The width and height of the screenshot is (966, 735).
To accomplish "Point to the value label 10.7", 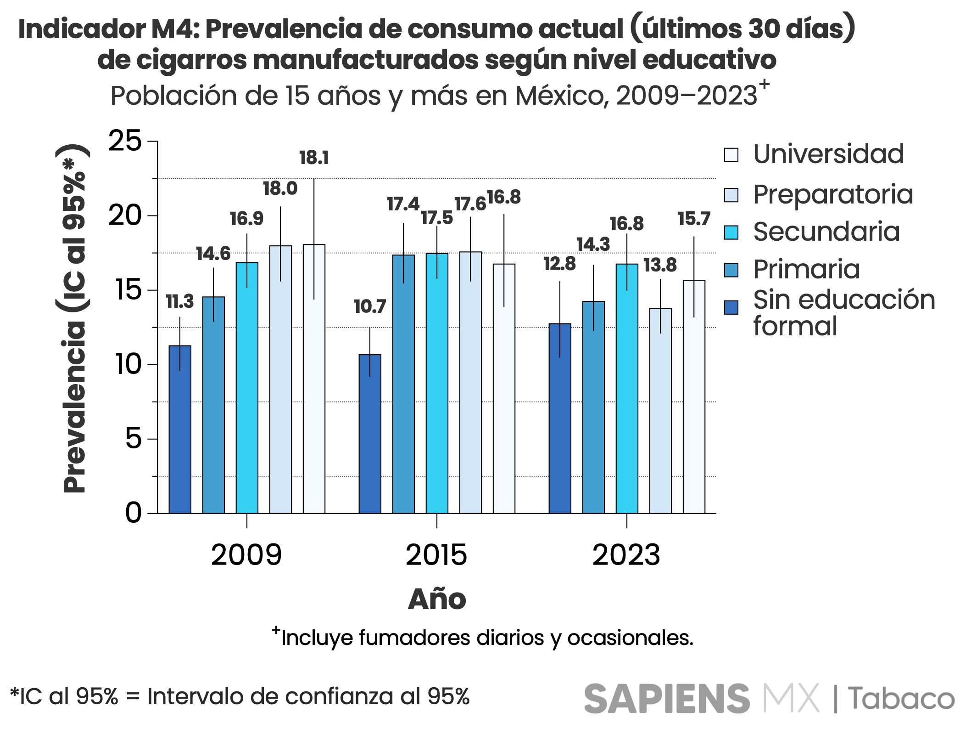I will [370, 306].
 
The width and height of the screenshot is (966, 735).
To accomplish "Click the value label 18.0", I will [280, 188].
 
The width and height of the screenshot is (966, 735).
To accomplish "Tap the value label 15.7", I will [694, 219].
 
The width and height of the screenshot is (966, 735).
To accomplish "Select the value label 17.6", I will [470, 204].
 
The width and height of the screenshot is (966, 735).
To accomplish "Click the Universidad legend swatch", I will [731, 155].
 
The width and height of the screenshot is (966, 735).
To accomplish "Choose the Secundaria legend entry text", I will [826, 232].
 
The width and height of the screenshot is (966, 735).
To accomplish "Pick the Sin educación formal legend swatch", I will [731, 307].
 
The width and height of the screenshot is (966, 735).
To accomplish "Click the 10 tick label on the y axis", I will [128, 365].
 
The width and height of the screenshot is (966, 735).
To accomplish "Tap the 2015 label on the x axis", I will [436, 555].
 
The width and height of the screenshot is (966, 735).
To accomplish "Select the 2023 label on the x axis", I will [626, 555].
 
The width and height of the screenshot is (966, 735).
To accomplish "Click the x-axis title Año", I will [437, 599].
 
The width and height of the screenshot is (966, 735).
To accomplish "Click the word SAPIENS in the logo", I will [667, 699].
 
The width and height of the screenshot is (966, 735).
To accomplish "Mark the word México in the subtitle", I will [561, 96].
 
